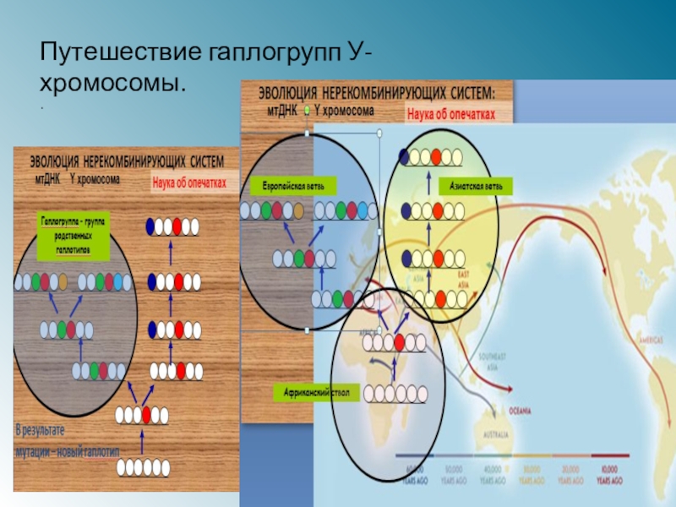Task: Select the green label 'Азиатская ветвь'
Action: pyautogui.click(x=475, y=185)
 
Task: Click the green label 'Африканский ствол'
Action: pyautogui.click(x=316, y=393)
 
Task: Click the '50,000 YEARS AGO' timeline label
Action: pyautogui.click(x=455, y=476)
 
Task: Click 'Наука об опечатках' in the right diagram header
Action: pyautogui.click(x=460, y=111)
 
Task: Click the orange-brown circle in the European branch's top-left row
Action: pyautogui.click(x=298, y=210)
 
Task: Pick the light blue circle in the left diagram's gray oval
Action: pyautogui.click(x=117, y=281)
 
